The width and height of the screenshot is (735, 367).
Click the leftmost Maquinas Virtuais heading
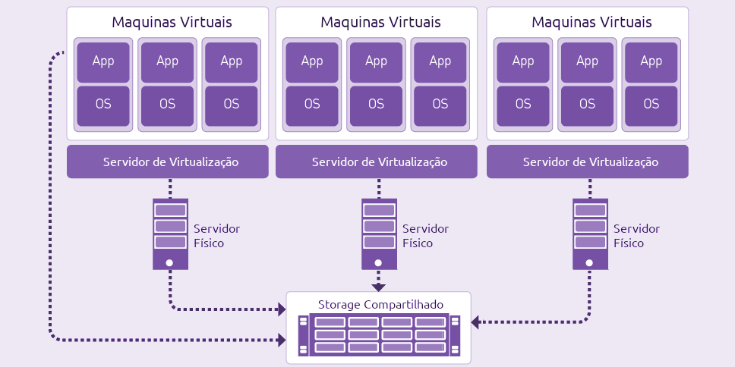pos(172,23)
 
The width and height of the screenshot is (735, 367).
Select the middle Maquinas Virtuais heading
pos(380,23)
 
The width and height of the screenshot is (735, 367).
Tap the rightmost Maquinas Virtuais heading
pos(591,23)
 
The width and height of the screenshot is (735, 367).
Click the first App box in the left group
pos(103,61)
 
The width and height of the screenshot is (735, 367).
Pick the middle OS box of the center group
pos(377,105)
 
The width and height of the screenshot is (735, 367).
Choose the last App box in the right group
pos(651,61)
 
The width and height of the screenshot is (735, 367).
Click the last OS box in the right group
pos(651,105)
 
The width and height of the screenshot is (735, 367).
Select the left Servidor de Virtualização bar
pos(168,162)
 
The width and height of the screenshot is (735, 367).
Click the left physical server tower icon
pos(169,234)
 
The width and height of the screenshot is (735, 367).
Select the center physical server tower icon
pos(379,234)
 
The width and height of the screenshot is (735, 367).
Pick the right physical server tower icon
pos(590,234)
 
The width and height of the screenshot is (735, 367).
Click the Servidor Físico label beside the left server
pos(216,236)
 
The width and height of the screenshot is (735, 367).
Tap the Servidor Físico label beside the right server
pos(636,236)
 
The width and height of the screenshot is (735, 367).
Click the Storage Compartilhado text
pos(380,305)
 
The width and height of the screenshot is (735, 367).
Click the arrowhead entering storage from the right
pos(476,322)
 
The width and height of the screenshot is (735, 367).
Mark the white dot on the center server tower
pos(379,262)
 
